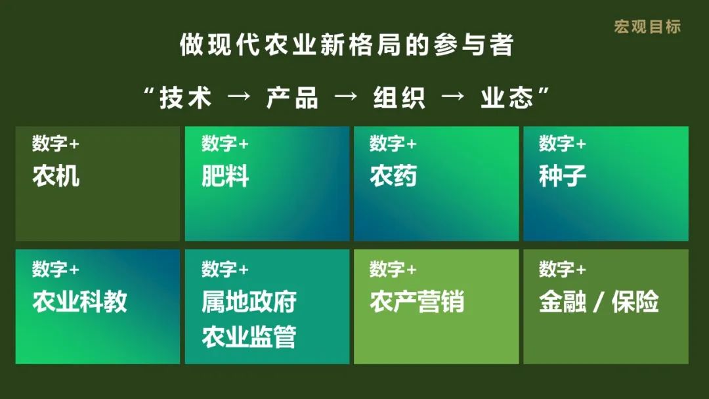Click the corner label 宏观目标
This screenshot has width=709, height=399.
(647, 27)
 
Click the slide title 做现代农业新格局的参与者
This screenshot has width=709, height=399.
(347, 45)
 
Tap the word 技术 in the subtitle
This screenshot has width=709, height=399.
(185, 98)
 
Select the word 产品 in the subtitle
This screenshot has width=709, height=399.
(292, 98)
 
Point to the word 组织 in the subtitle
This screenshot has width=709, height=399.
(399, 98)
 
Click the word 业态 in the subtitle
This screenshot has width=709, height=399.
(506, 98)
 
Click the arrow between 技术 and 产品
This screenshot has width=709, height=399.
(239, 96)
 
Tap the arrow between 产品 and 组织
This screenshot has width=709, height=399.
(346, 96)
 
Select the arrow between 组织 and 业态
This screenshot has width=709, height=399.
(453, 96)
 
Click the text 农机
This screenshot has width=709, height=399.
(56, 176)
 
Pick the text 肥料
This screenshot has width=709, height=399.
(225, 176)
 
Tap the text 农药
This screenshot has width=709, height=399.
(393, 176)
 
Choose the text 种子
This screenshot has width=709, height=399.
(563, 176)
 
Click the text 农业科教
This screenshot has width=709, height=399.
(79, 301)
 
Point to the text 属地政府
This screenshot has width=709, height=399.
(249, 301)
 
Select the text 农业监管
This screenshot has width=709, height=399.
(249, 337)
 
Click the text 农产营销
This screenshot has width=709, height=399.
(417, 301)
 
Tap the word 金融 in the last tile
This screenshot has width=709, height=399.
(563, 301)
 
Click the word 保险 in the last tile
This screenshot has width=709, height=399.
(635, 301)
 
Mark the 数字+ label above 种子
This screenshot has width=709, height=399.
(563, 143)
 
